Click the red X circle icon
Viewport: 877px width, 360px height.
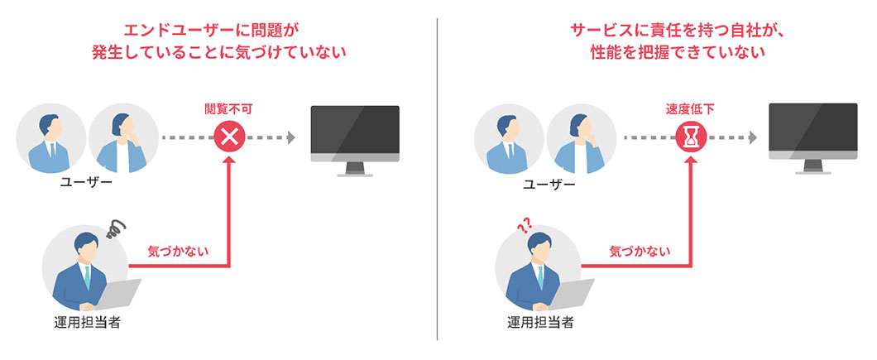(229, 137)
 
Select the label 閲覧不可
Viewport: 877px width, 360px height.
(229, 108)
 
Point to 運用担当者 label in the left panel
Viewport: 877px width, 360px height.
(87, 323)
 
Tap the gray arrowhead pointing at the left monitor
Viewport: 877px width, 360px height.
(290, 137)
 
